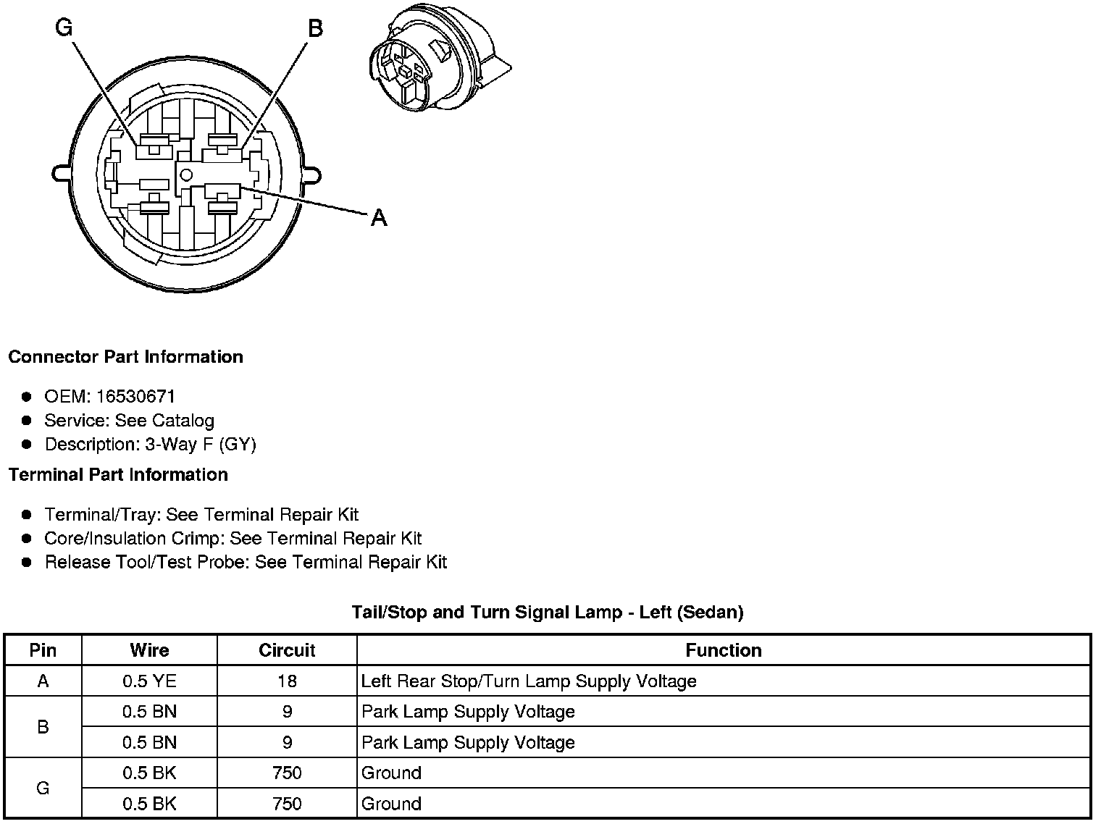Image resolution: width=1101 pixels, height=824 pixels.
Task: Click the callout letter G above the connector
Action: coord(64,28)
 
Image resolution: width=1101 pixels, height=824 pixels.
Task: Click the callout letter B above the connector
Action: coord(315,28)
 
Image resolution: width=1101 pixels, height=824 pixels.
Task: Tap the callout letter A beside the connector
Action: coord(379,217)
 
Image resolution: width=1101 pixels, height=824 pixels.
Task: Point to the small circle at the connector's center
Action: coord(186,174)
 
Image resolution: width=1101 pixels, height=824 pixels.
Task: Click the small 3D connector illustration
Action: coord(438,64)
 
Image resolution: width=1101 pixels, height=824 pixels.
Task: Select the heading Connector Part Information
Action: coord(125,357)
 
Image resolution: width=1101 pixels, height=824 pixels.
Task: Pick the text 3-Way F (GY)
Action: coord(201,444)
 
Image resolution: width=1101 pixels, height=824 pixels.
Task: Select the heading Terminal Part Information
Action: coord(118,475)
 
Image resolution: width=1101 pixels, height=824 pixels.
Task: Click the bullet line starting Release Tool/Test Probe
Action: coord(246,562)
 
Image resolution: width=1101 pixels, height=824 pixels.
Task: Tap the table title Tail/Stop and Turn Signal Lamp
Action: coord(547,612)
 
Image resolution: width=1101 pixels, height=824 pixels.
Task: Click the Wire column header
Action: coord(149,650)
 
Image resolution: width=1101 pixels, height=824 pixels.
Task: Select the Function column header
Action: coord(723,650)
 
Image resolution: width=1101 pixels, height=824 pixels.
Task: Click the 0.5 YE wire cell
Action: coord(149,681)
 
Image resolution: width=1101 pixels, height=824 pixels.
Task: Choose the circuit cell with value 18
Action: coord(287,681)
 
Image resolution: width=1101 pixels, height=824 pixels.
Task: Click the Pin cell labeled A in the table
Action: coord(43,681)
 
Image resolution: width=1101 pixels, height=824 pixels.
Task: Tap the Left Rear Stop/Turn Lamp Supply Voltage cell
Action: coord(529,681)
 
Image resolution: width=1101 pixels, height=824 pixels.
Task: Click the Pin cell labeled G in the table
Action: coord(43,788)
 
